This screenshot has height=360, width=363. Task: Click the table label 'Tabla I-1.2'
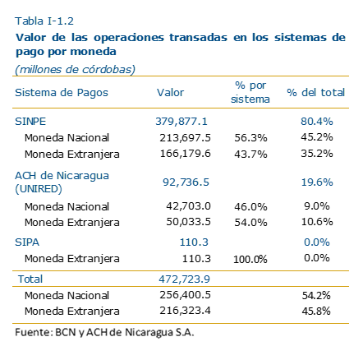pyautogui.click(x=44, y=21)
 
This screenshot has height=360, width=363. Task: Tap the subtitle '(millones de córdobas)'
pyautogui.click(x=75, y=70)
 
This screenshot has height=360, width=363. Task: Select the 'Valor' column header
pyautogui.click(x=170, y=93)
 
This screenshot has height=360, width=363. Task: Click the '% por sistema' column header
pyautogui.click(x=250, y=92)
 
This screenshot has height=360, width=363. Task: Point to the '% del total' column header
pyautogui.click(x=315, y=93)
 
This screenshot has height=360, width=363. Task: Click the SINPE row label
pyautogui.click(x=30, y=122)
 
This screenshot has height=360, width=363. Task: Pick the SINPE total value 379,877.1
pyautogui.click(x=181, y=122)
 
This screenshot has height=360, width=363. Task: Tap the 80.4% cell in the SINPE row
pyautogui.click(x=317, y=121)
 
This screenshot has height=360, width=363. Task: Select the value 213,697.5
pyautogui.click(x=186, y=137)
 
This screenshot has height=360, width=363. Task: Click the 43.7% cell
pyautogui.click(x=250, y=155)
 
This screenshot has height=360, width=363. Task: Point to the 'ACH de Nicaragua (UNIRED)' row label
pyautogui.click(x=62, y=182)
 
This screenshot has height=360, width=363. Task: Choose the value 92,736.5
pyautogui.click(x=186, y=182)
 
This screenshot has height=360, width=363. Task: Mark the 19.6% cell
pyautogui.click(x=317, y=182)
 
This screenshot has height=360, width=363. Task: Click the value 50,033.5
pyautogui.click(x=189, y=222)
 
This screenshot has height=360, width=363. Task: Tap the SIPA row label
pyautogui.click(x=27, y=242)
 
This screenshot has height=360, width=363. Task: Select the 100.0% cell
pyautogui.click(x=250, y=259)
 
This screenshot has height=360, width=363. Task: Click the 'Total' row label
pyautogui.click(x=30, y=279)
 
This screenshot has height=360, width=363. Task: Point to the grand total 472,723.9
pyautogui.click(x=185, y=279)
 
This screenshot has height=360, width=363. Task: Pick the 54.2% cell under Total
pyautogui.click(x=316, y=295)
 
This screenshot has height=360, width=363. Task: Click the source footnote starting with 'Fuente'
pyautogui.click(x=104, y=332)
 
